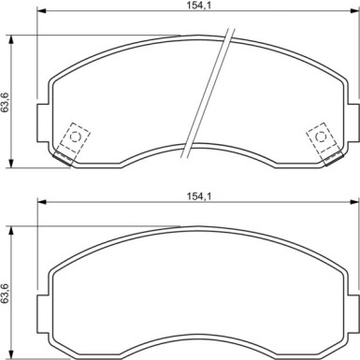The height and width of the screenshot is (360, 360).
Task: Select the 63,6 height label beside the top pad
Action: [5, 102]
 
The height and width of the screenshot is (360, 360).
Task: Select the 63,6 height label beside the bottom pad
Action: [5, 293]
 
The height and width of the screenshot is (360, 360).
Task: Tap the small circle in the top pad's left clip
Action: [75, 137]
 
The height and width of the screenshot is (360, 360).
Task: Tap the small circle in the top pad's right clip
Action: [321, 137]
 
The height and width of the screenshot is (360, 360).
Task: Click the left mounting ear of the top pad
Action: [43, 122]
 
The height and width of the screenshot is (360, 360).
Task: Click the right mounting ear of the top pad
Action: [353, 122]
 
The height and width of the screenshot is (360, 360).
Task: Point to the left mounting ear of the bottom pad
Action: [43, 314]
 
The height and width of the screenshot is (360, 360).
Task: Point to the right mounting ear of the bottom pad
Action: [353, 314]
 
